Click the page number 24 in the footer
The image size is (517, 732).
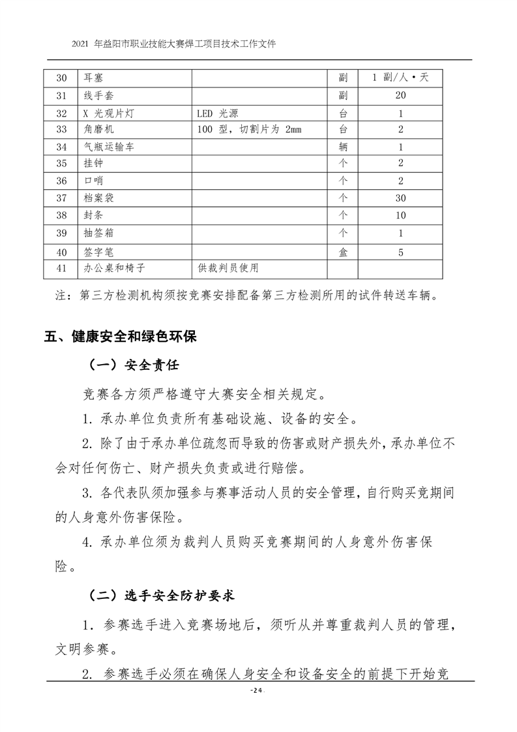(258, 691)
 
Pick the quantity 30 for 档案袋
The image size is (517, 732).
(400, 198)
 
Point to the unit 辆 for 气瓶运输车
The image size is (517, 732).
(343, 147)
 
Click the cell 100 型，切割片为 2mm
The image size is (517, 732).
(249, 129)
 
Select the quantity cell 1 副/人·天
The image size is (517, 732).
(400, 78)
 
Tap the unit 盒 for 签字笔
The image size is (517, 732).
(343, 251)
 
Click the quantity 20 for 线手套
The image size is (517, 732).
(400, 95)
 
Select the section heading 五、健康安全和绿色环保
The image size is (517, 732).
(120, 337)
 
